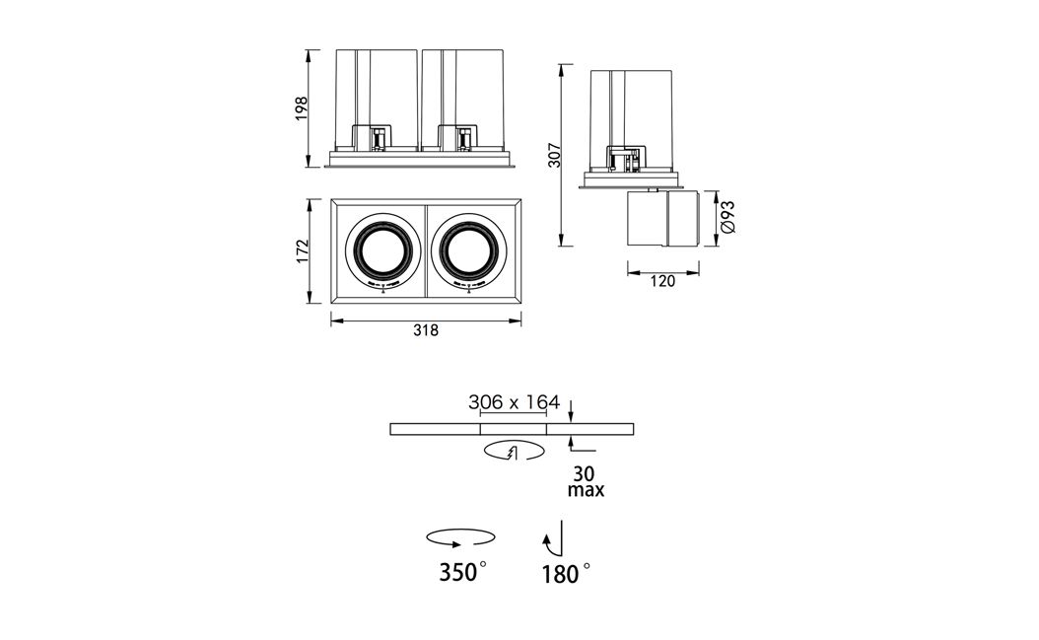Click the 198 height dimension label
tap(302, 108)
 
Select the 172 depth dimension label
tap(302, 251)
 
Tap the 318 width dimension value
tap(426, 329)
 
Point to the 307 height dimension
tap(555, 155)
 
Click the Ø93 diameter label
tap(727, 216)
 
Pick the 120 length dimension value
tap(662, 281)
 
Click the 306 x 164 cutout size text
tap(514, 402)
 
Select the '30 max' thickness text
tap(586, 482)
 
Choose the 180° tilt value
tap(566, 573)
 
